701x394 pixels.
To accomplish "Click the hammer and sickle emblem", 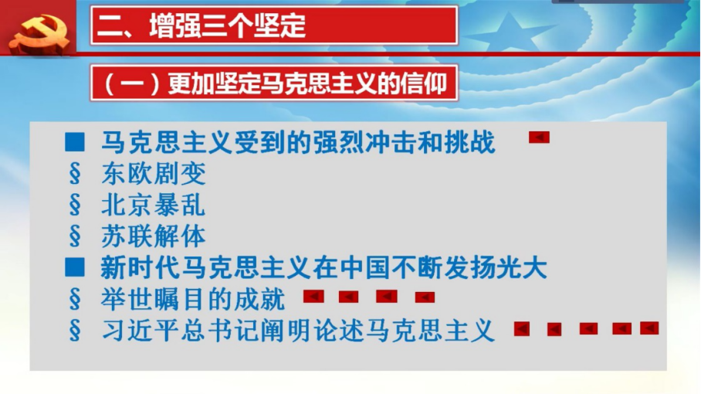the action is [39, 35].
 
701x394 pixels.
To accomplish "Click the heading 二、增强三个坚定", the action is [201, 25].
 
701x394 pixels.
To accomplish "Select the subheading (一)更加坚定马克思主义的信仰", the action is [275, 83].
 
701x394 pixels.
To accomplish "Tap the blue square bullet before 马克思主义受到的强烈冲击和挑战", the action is [75, 141].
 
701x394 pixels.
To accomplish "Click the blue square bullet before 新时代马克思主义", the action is [75, 267].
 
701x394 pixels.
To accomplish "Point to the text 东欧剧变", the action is [154, 174].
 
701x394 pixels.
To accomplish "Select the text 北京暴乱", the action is [154, 205].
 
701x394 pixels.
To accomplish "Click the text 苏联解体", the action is [154, 236].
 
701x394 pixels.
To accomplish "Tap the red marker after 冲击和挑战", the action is [539, 137].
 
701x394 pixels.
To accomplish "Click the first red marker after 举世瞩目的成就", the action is [313, 296].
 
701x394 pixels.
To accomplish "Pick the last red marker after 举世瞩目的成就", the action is [425, 297].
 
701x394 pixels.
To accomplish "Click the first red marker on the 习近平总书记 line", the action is [522, 328].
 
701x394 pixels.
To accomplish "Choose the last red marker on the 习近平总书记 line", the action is [649, 328].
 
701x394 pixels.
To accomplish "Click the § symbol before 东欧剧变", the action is [75, 174].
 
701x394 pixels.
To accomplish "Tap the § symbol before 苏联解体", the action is [75, 236].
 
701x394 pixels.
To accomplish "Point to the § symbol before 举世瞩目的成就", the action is [75, 299].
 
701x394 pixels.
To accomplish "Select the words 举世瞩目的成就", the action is [193, 299].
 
